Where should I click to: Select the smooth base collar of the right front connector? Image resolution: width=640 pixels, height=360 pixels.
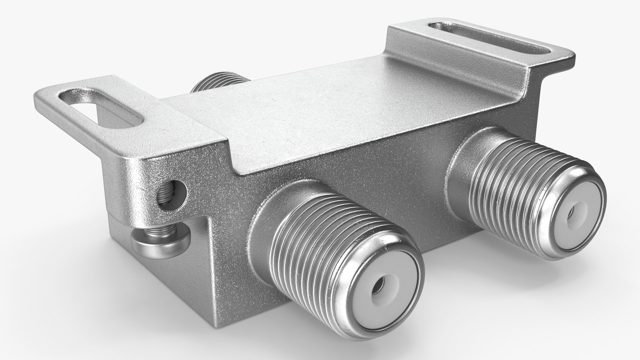[x=462, y=157]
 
